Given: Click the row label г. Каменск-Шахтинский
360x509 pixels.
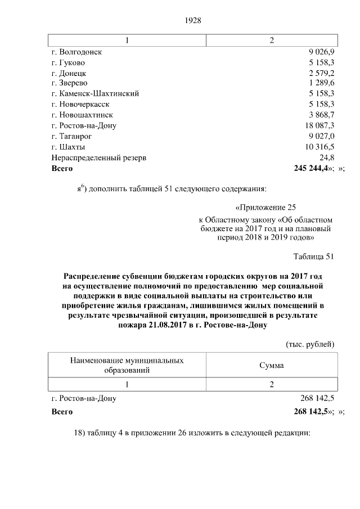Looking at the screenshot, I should point(95,94).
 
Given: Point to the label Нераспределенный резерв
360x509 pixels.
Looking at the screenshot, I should point(98,157).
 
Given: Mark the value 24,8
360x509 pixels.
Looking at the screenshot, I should point(326,157).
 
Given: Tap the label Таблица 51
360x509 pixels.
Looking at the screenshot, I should point(314,256).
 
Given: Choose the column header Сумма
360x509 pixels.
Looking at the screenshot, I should point(271,366).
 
